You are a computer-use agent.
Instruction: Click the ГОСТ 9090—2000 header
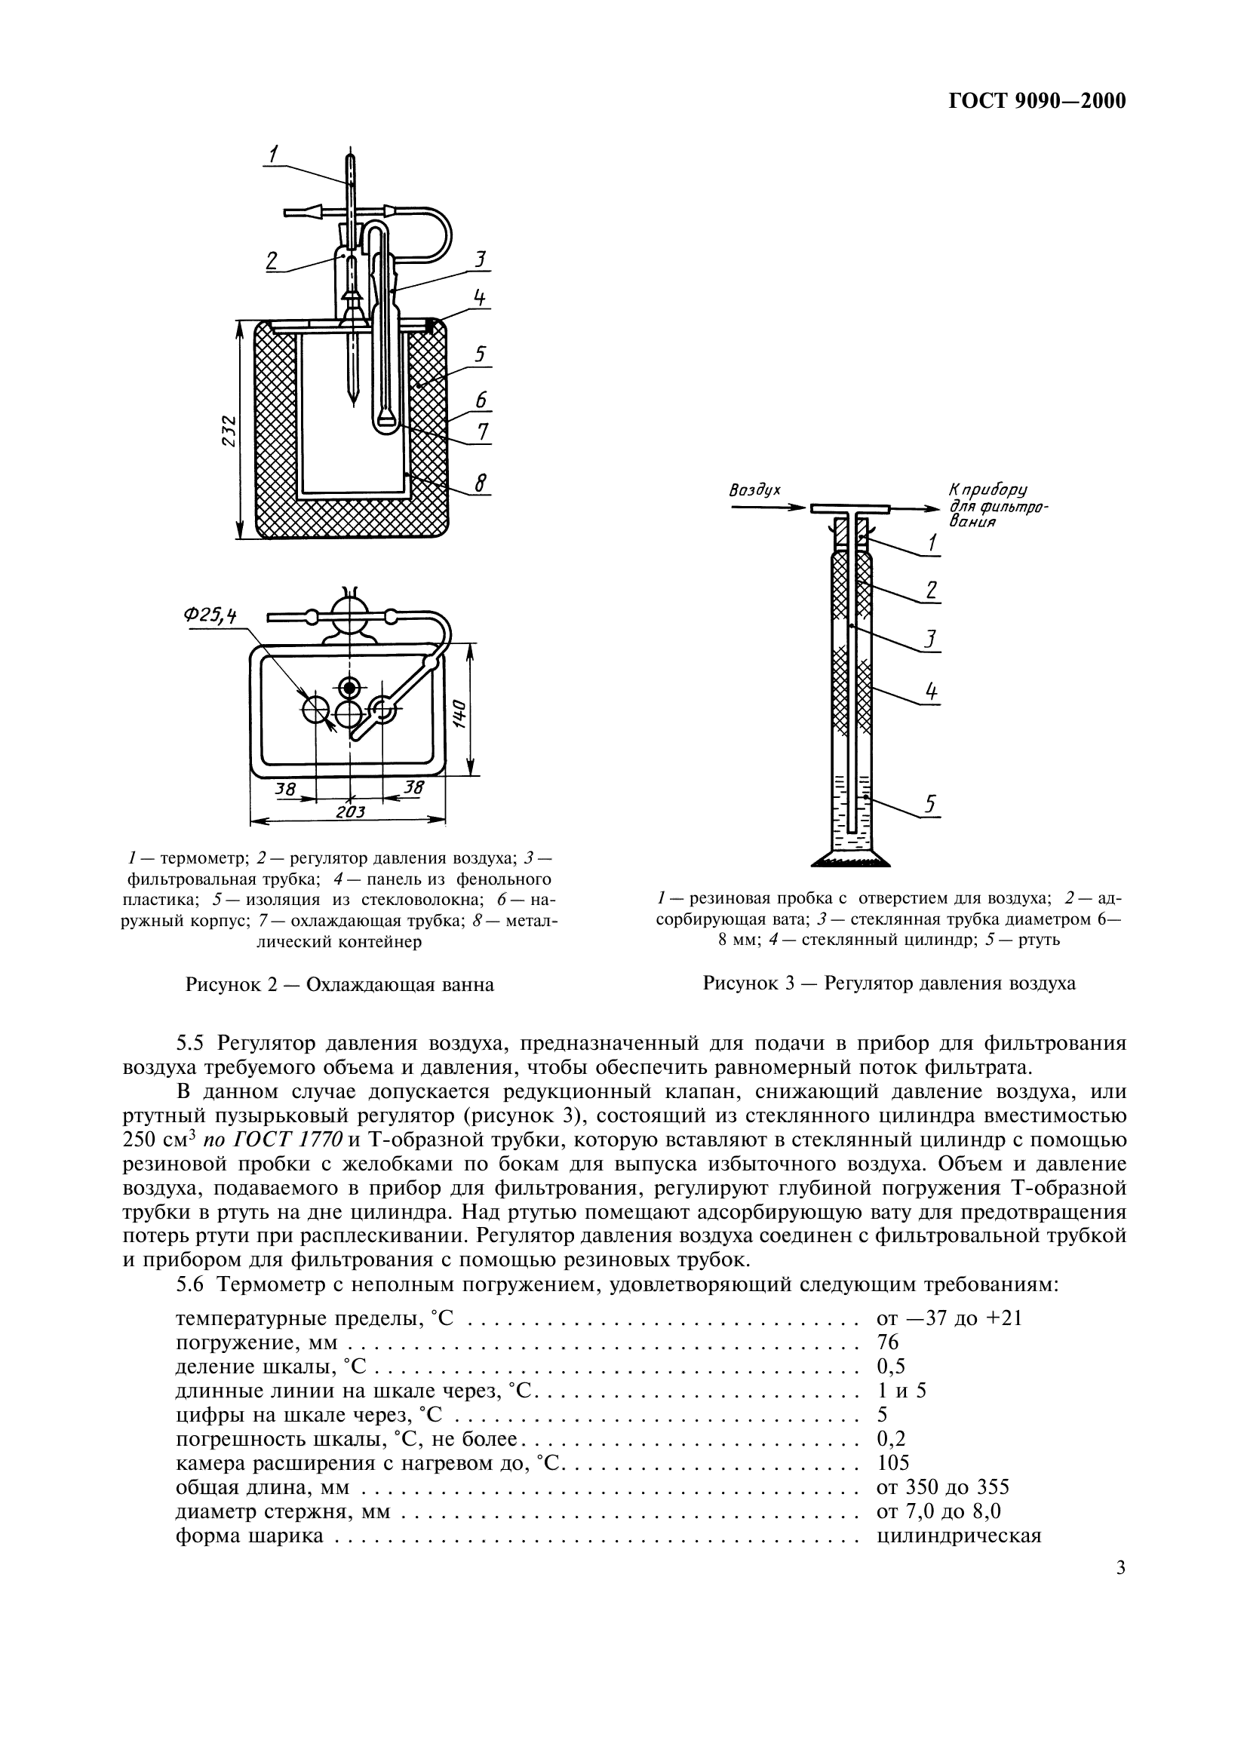pos(1037,101)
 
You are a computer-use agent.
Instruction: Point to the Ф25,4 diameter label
pos(210,615)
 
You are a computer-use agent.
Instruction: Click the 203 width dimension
pos(350,812)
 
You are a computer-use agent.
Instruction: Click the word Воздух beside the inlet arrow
pos(754,489)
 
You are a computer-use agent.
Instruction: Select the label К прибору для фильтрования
pos(998,505)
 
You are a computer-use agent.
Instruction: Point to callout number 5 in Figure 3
pos(929,804)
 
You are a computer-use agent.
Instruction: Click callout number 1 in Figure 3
pos(932,542)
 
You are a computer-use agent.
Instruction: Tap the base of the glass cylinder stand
pos(851,859)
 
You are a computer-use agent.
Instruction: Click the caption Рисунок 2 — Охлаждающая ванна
pos(339,984)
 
